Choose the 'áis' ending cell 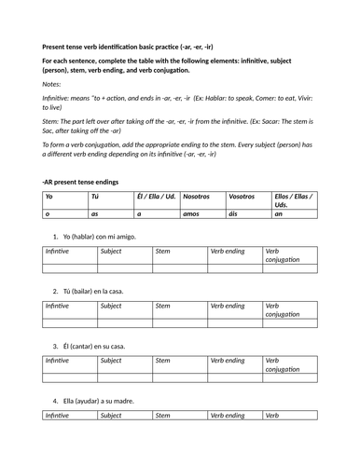pyautogui.click(x=233, y=213)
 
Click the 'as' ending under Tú pyautogui.click(x=94, y=213)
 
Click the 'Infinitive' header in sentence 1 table pyautogui.click(x=57, y=252)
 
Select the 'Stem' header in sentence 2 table pyautogui.click(x=162, y=306)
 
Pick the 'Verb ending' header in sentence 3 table pyautogui.click(x=228, y=361)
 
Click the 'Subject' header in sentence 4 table pyautogui.click(x=111, y=416)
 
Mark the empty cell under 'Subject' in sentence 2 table pyautogui.click(x=123, y=322)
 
